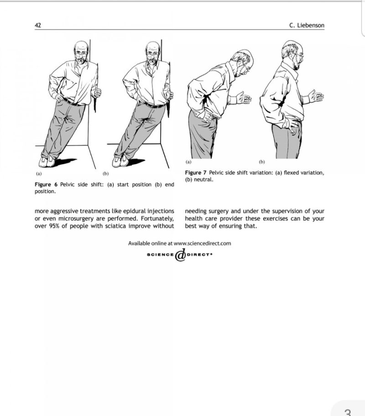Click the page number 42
pos(38,26)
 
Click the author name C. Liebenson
pos(307,26)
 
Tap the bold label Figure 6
pos(46,184)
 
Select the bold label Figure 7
pos(196,173)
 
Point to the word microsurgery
pos(77,219)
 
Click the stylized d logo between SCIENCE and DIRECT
pos(181,256)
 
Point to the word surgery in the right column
pos(217,211)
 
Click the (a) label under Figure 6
pos(38,174)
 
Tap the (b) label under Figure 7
pos(262,162)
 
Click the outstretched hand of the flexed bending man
pos(243,98)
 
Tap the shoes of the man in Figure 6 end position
pos(120,161)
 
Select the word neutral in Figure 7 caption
pos(203,180)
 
